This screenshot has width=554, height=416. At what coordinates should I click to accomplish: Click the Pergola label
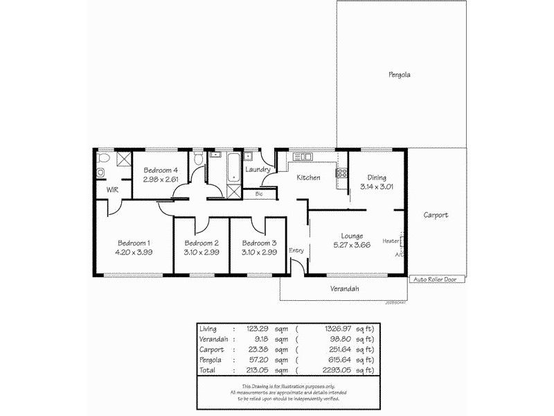coord(400,74)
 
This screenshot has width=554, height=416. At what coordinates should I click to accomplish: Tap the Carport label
coord(436,215)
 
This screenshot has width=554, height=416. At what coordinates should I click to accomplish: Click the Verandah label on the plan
coord(344,288)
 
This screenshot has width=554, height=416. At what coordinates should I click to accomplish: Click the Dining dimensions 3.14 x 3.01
coord(377,187)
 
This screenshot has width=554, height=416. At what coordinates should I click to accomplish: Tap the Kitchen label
coord(308,177)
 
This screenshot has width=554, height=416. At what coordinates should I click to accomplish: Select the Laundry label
coord(258,170)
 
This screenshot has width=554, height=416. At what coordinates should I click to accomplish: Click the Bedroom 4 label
coord(161,171)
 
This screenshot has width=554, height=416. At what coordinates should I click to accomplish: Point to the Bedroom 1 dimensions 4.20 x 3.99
coord(134,252)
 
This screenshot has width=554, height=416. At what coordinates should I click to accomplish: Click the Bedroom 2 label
coord(202,243)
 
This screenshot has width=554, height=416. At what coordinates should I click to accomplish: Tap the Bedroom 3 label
coord(259,243)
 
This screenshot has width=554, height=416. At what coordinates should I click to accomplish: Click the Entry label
coord(296,250)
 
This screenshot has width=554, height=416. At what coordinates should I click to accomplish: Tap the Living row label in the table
coord(208,329)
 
